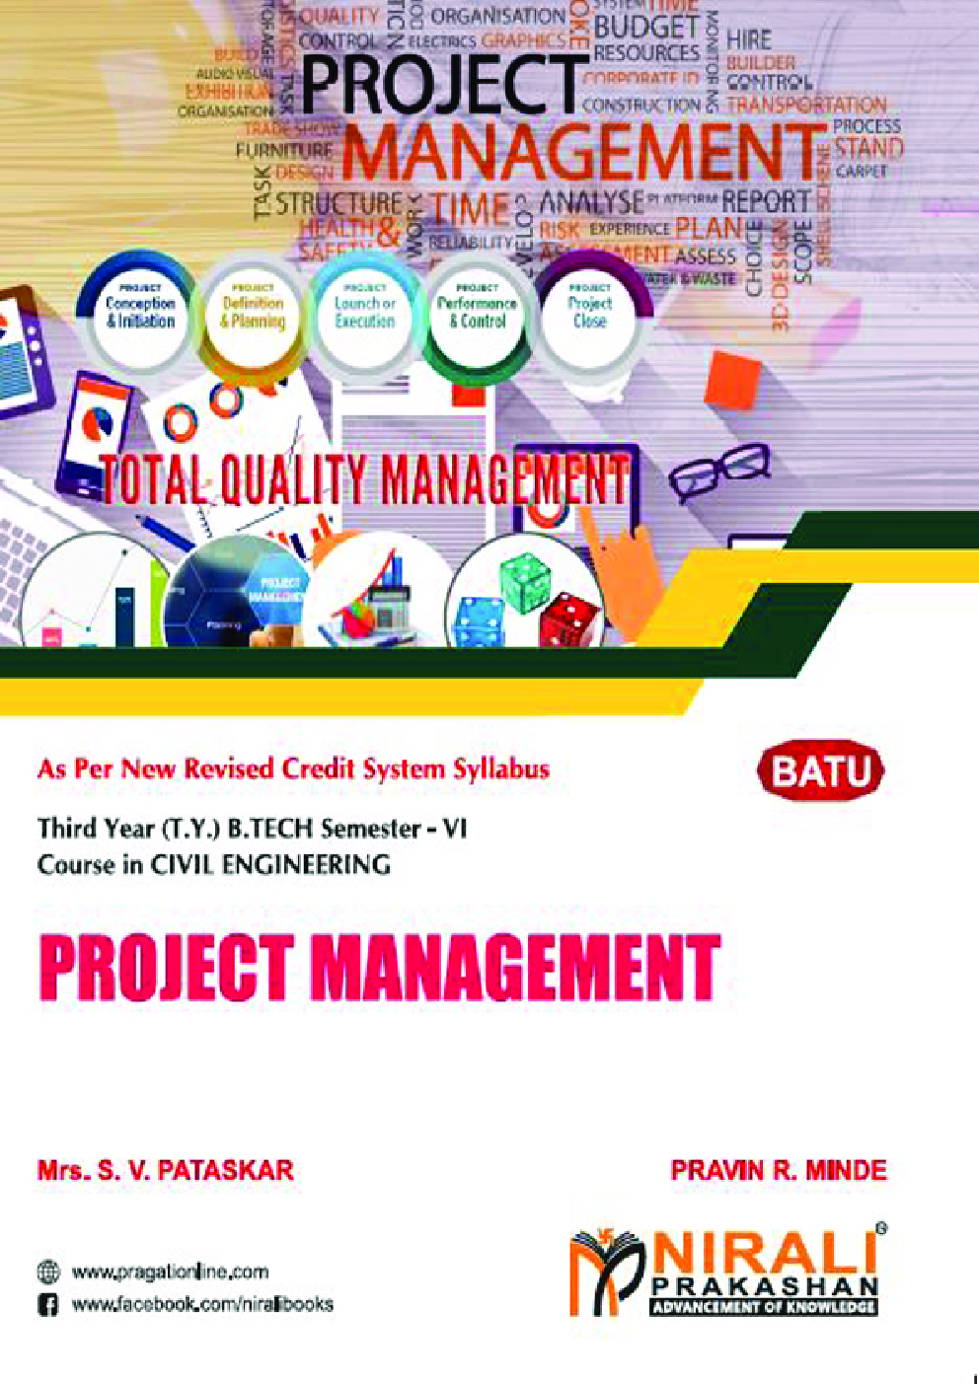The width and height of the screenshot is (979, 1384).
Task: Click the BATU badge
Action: pos(820,771)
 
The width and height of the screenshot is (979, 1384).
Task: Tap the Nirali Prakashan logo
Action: pos(726,1272)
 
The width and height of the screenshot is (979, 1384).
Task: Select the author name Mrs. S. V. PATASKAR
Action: pos(165,1171)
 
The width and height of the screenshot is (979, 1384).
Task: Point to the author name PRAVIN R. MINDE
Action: pos(778,1171)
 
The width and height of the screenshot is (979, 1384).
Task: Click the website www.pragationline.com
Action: pos(170,1273)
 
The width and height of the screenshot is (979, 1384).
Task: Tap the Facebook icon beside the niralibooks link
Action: pos(47,1305)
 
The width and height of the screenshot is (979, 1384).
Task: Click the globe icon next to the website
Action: pos(47,1273)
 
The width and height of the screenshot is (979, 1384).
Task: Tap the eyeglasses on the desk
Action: pos(718,471)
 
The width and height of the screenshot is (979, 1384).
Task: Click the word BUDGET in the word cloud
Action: pos(645,26)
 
